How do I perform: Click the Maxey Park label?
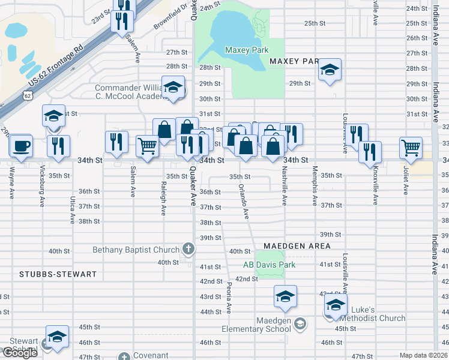(x=246, y=50)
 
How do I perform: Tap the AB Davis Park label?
(x=270, y=265)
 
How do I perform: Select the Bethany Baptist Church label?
(x=136, y=250)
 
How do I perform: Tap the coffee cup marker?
(x=21, y=146)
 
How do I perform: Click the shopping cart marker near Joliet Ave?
(x=411, y=146)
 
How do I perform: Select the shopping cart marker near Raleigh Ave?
(x=147, y=145)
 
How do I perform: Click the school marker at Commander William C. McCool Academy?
(x=173, y=88)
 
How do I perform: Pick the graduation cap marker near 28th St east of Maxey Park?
(x=329, y=70)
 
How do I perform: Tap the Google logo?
(x=20, y=353)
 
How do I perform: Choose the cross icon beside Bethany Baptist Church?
(x=187, y=250)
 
